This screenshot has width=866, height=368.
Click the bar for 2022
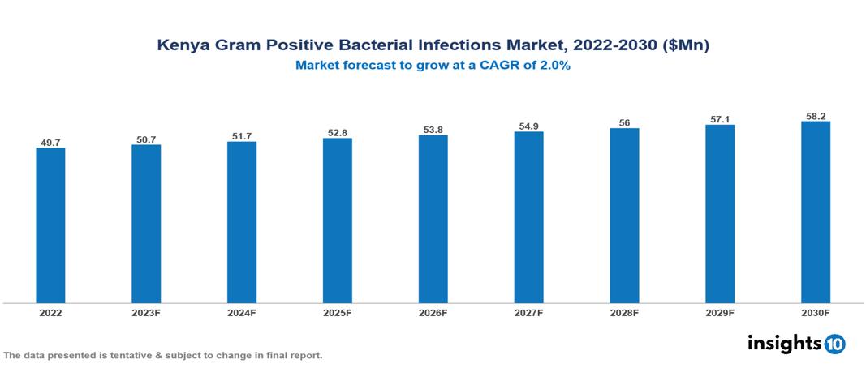click(x=50, y=225)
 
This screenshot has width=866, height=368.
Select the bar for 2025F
click(x=338, y=220)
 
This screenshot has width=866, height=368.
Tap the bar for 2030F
click(x=816, y=212)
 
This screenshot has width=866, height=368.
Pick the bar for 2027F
click(x=528, y=217)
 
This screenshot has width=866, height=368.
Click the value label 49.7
click(x=50, y=143)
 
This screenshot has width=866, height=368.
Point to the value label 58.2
click(x=816, y=117)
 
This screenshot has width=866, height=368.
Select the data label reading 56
click(x=624, y=123)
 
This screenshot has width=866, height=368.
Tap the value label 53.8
click(x=433, y=130)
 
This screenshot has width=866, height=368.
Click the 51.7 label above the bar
click(x=242, y=136)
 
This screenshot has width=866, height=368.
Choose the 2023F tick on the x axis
click(x=146, y=312)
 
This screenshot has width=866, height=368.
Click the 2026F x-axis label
click(x=433, y=312)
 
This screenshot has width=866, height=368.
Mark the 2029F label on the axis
click(x=720, y=312)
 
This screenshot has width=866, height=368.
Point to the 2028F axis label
click(x=624, y=312)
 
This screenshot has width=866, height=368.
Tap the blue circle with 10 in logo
click(x=834, y=344)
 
